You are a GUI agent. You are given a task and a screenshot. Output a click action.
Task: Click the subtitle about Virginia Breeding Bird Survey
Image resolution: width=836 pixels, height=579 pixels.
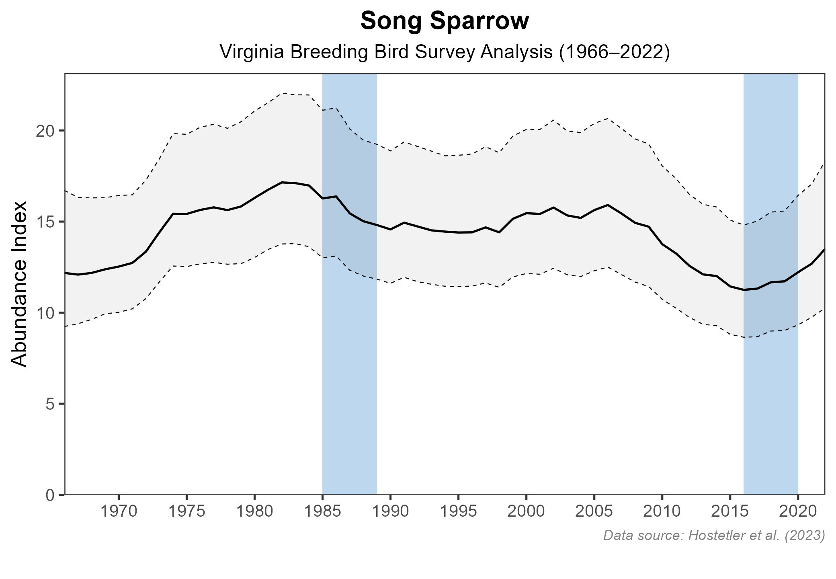(x=445, y=53)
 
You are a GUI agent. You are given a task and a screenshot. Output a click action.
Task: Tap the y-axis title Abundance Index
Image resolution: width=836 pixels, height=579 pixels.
(x=19, y=284)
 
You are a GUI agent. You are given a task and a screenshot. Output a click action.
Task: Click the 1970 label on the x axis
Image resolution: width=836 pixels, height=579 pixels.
(x=119, y=512)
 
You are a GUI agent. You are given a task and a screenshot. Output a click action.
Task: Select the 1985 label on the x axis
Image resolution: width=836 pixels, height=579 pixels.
(x=322, y=512)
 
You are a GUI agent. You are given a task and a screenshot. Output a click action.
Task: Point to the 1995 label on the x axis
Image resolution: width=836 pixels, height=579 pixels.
(x=458, y=512)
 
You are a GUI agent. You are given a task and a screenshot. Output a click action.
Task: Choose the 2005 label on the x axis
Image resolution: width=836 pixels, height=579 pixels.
(x=594, y=512)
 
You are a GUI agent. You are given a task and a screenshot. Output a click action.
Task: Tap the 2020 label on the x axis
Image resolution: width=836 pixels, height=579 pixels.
(x=798, y=512)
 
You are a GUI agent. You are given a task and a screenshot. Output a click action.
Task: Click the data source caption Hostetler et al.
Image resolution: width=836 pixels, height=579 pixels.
(x=714, y=536)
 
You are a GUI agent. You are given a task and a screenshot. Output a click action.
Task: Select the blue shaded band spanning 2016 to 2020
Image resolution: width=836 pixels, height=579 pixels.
(x=770, y=402)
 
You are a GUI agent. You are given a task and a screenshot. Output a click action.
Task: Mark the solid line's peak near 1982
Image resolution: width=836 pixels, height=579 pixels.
(x=282, y=182)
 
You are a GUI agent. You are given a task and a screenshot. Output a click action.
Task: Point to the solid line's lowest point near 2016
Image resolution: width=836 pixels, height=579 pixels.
(x=744, y=290)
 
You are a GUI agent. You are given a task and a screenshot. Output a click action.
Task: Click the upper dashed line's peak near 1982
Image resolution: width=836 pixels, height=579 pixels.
(x=282, y=93)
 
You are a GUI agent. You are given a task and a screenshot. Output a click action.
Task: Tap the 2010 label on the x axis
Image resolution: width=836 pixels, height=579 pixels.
(x=662, y=512)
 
